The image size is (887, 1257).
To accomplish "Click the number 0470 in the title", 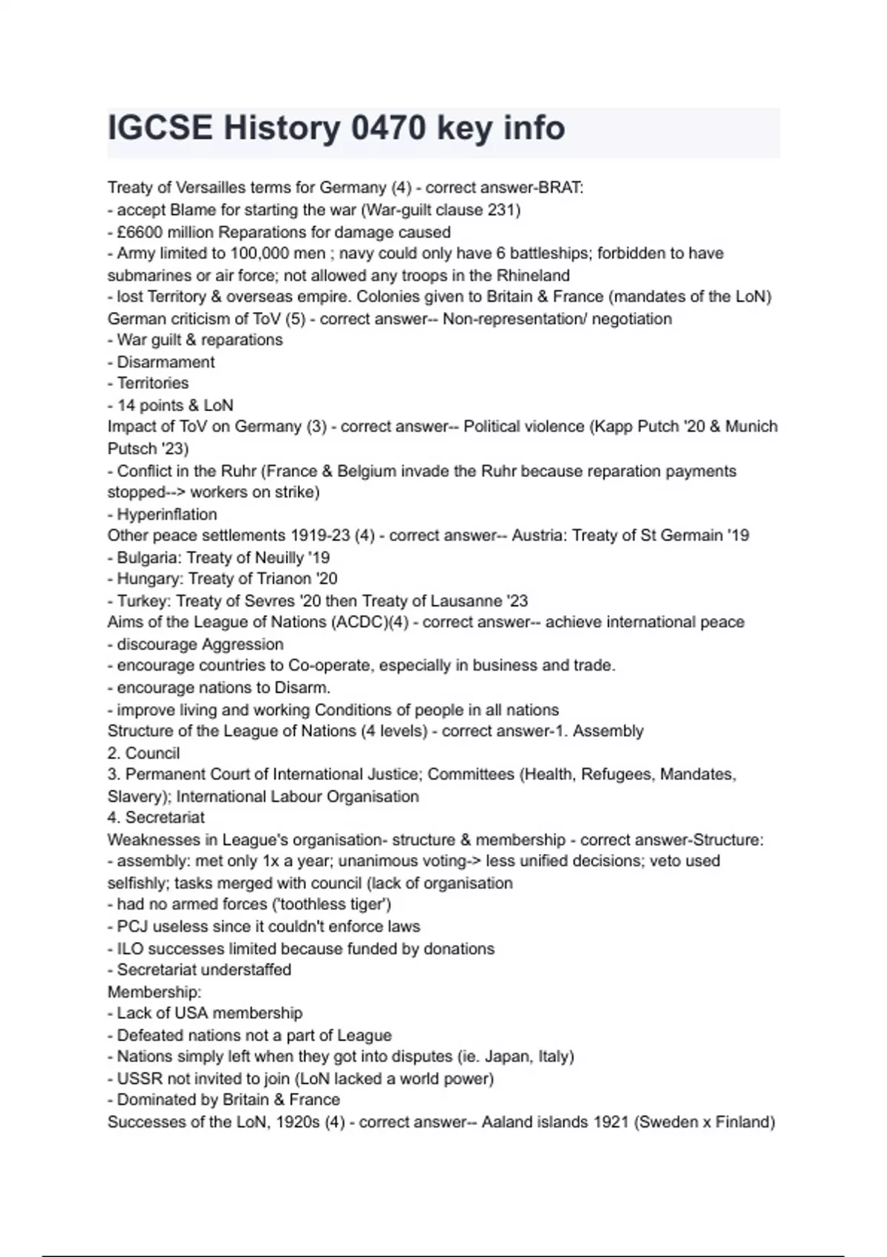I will [388, 128].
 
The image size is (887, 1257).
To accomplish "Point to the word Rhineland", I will [533, 276].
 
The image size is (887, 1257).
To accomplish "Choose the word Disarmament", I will [166, 362].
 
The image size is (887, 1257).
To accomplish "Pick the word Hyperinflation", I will [167, 515].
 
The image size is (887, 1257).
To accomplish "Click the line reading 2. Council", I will [143, 753].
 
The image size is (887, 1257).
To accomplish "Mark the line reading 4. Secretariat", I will [156, 818].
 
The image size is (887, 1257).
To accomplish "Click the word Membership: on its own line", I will [154, 992].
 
